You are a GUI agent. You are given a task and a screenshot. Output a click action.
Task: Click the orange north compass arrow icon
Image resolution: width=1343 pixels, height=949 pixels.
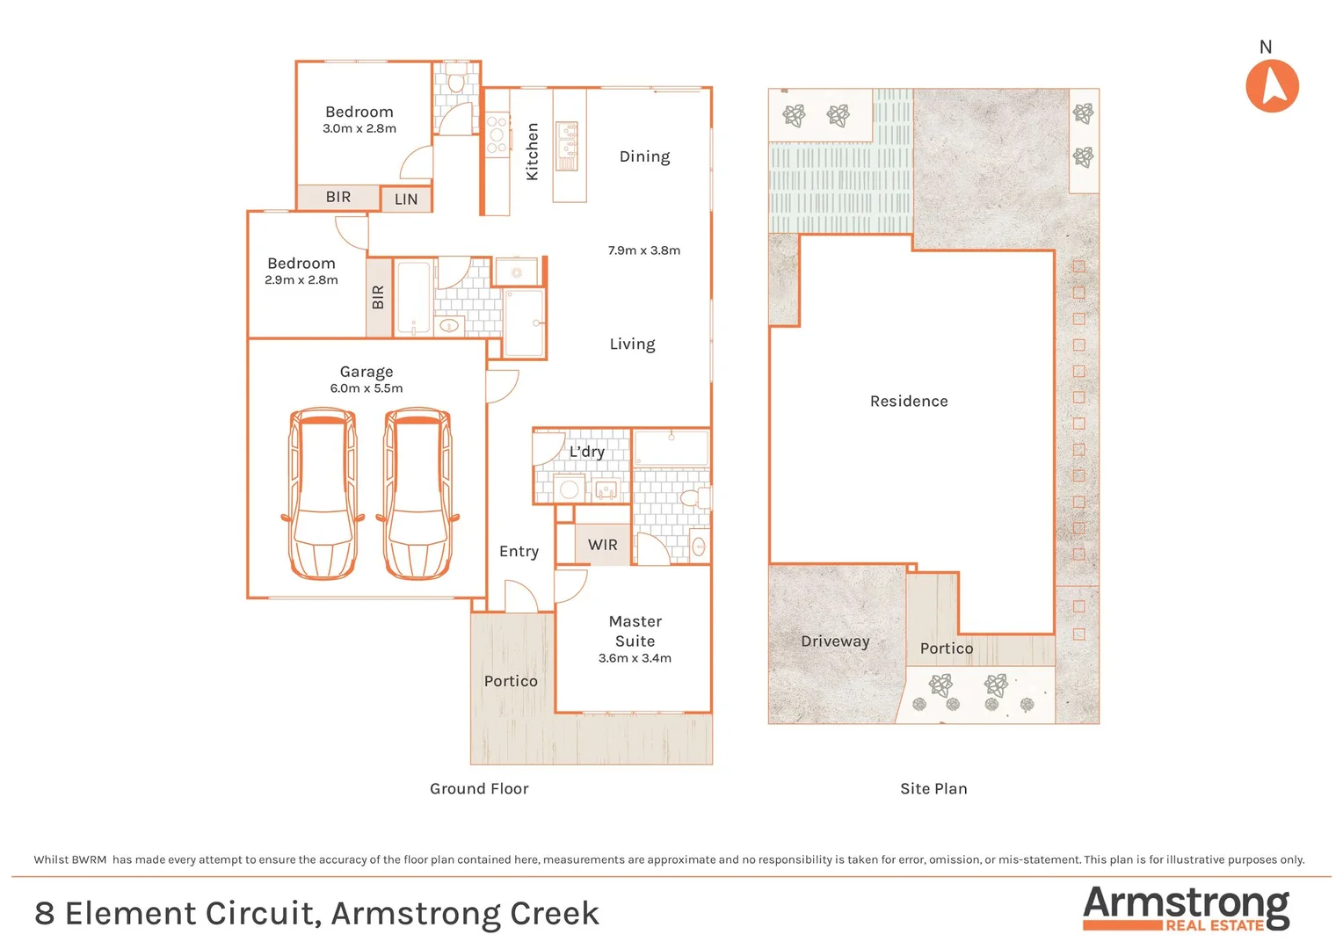[x=1272, y=86]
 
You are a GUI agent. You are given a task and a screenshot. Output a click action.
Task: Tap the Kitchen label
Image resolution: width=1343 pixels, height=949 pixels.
[x=532, y=151]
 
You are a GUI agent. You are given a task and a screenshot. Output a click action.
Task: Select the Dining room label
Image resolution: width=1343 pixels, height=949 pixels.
[x=644, y=156]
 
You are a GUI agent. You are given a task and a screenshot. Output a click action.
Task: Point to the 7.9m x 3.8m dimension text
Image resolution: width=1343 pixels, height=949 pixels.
[x=644, y=250]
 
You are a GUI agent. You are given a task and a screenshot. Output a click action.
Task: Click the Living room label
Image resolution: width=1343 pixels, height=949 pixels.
[x=632, y=344]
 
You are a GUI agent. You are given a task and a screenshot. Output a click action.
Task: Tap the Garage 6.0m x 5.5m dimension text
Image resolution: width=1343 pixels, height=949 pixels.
[x=367, y=388]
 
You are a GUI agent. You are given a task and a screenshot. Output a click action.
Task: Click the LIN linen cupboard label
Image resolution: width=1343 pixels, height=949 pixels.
[x=406, y=199]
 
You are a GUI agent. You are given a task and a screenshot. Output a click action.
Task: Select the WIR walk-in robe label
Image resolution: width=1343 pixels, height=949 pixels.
[x=603, y=545]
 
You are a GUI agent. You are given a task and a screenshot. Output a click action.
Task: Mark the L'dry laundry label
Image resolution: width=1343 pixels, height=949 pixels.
[x=586, y=452]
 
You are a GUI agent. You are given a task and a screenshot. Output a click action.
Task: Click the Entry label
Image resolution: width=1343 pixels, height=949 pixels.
[x=519, y=552]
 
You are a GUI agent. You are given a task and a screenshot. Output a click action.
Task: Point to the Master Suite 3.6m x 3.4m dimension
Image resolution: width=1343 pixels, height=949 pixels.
[x=635, y=658]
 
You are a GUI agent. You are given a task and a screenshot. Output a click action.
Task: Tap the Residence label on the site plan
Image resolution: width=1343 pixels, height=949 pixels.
[x=909, y=402]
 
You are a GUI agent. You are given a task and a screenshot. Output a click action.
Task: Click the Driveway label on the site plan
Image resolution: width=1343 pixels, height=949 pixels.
[x=835, y=641]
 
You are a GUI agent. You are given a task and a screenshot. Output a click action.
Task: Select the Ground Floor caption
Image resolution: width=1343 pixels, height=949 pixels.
[x=479, y=789]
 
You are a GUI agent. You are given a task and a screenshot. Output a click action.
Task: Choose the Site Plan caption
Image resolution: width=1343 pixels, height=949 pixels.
[x=933, y=789]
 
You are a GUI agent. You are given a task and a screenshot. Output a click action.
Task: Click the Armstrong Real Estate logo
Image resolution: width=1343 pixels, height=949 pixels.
[x=1186, y=909]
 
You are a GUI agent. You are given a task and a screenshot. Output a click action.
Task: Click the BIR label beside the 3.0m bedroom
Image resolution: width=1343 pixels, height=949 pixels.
[x=338, y=197]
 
